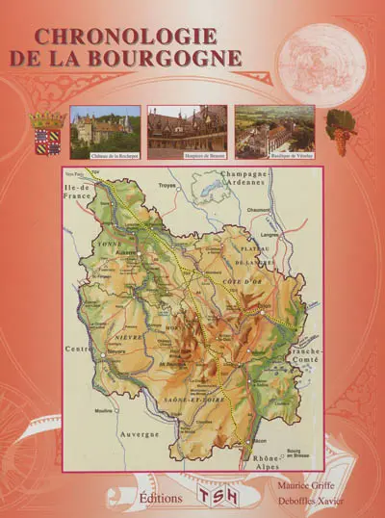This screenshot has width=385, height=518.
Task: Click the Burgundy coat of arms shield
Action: click(47, 133)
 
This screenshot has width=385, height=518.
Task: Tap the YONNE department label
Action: click(105, 245)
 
